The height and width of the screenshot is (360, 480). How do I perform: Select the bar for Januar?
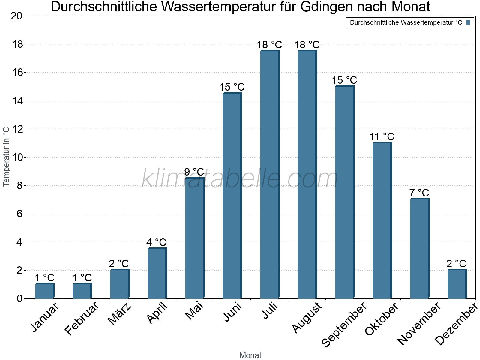tap(44, 291)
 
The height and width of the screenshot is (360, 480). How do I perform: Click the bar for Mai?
tap(194, 238)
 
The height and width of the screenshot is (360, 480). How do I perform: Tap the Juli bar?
tap(269, 175)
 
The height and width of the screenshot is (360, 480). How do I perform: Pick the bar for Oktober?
tap(382, 220)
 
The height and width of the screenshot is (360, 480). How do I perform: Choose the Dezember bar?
tap(457, 284)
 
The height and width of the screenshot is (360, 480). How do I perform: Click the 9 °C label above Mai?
tap(194, 172)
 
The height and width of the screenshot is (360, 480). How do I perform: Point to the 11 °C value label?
tap(382, 136)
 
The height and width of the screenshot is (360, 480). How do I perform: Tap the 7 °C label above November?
tap(419, 193)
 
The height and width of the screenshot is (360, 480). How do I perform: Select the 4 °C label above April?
tap(156, 242)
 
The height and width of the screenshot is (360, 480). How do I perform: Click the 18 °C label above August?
tap(307, 45)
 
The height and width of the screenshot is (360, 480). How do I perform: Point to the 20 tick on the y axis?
tap(16, 16)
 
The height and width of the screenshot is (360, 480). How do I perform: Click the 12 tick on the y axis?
tap(16, 129)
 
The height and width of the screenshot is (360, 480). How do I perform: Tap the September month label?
tap(344, 325)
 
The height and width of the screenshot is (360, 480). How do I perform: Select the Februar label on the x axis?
tap(82, 319)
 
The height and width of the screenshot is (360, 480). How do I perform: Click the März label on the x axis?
tap(119, 314)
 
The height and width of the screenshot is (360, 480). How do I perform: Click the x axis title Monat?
tap(250, 355)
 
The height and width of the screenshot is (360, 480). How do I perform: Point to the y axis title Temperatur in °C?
tap(6, 156)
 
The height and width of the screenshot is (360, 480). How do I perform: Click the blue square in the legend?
tap(468, 22)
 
